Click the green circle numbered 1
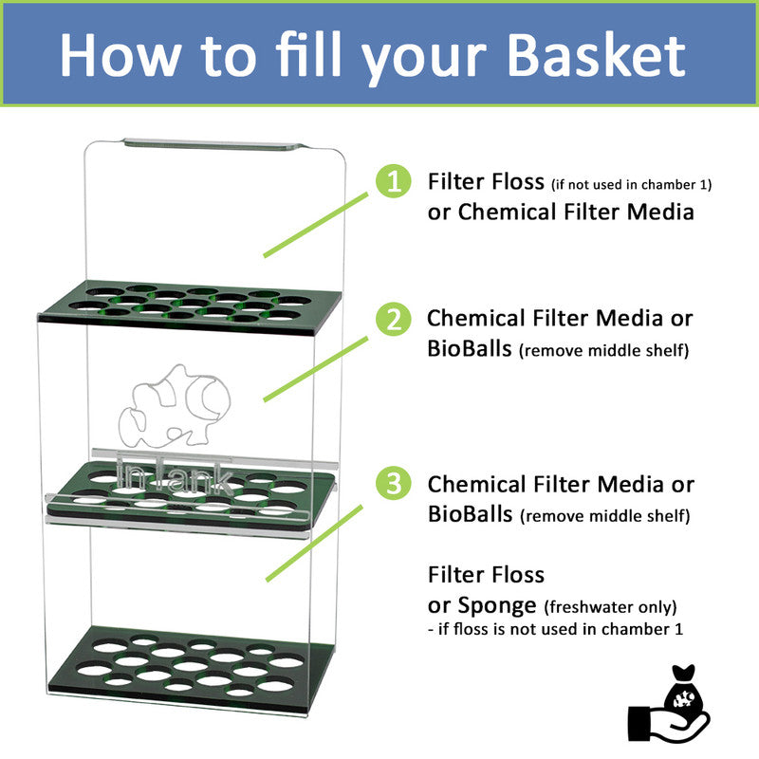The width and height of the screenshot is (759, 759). pos(392,181)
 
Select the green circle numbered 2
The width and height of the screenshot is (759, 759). pos(392,320)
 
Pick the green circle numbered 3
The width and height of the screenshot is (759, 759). pos(392,484)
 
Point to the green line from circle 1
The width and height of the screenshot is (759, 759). pos(316,224)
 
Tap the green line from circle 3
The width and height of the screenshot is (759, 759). pos(316,542)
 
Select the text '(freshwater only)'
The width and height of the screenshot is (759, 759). pos(610,606)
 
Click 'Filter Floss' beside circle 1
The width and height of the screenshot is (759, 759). pos(486,181)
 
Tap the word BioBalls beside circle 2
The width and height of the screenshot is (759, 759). pos(471,348)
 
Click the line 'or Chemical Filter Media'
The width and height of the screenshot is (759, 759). pos(561,212)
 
